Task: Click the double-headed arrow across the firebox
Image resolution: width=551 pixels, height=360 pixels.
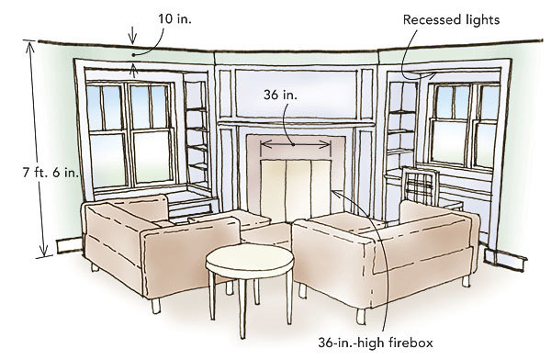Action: (295, 144)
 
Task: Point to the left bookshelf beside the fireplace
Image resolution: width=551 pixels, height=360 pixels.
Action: (195, 138)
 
